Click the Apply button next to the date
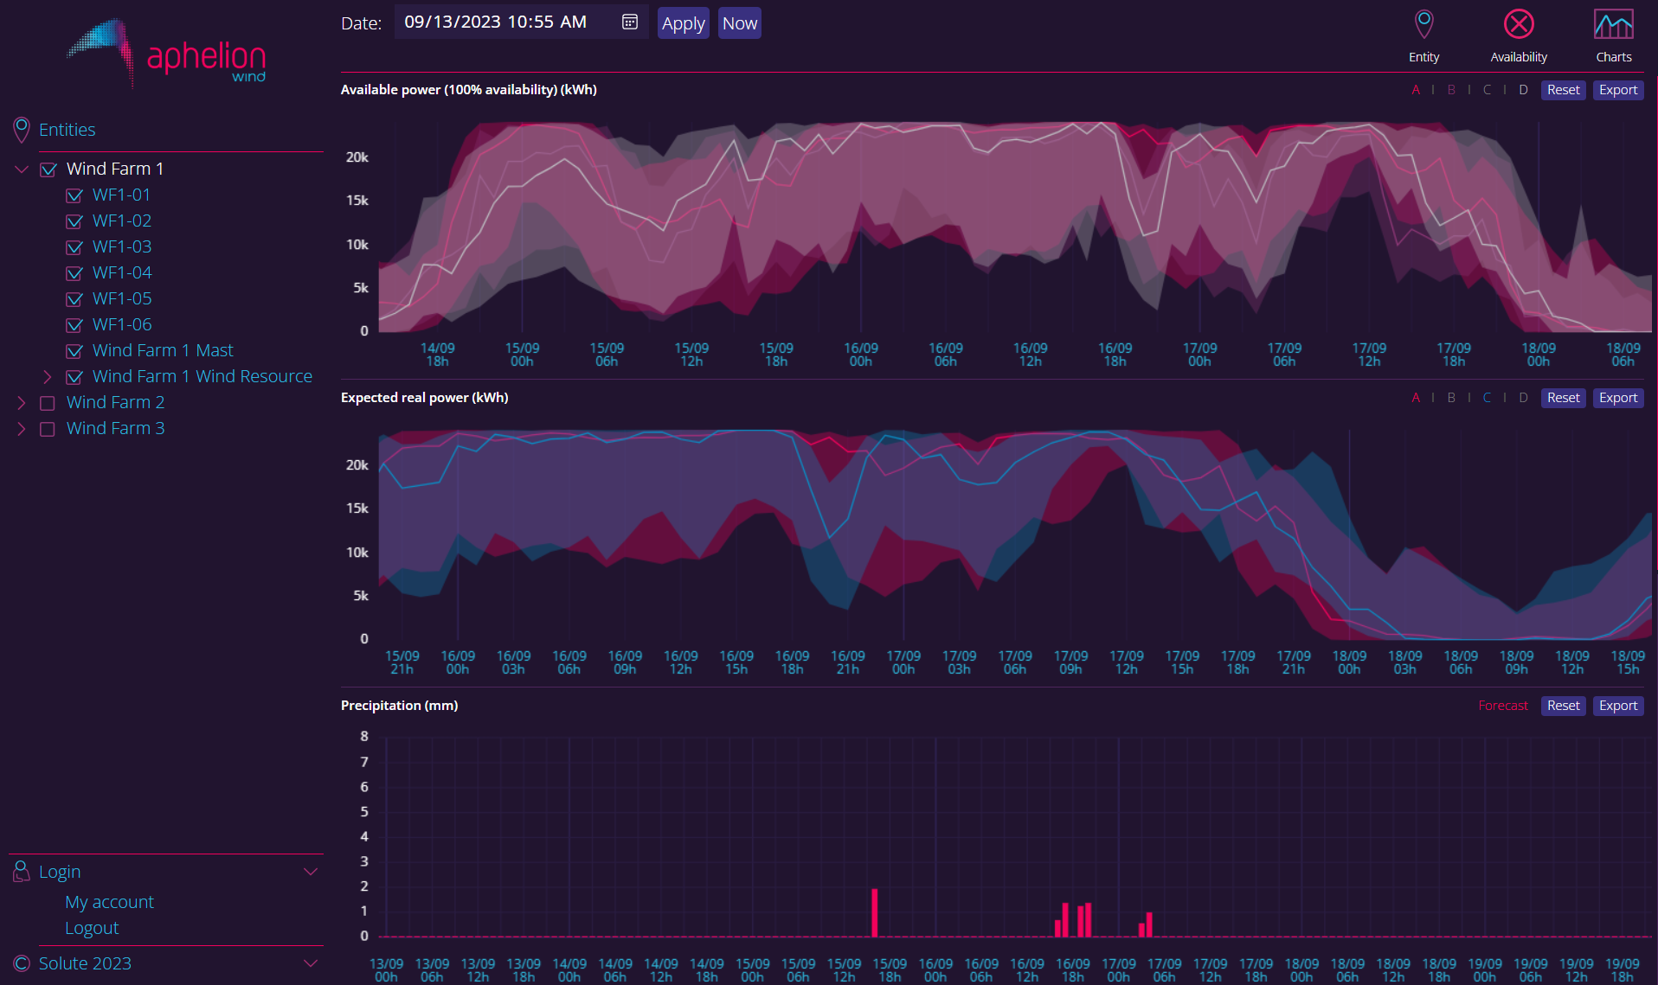tap(683, 23)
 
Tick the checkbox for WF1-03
tap(74, 247)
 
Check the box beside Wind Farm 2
tap(48, 403)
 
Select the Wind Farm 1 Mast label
tap(163, 350)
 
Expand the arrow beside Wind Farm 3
tap(22, 429)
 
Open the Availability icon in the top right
tap(1518, 25)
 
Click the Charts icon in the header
tap(1613, 25)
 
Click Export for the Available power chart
tap(1617, 90)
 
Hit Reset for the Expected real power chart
tap(1563, 398)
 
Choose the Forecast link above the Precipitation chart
tap(1503, 706)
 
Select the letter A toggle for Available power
tap(1416, 90)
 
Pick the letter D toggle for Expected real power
tap(1523, 398)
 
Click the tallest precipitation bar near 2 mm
tap(874, 912)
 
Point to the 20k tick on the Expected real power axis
tap(357, 465)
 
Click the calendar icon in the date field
tap(630, 22)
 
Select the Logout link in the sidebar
tap(92, 928)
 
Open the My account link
tap(109, 902)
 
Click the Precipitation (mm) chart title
tap(399, 706)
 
